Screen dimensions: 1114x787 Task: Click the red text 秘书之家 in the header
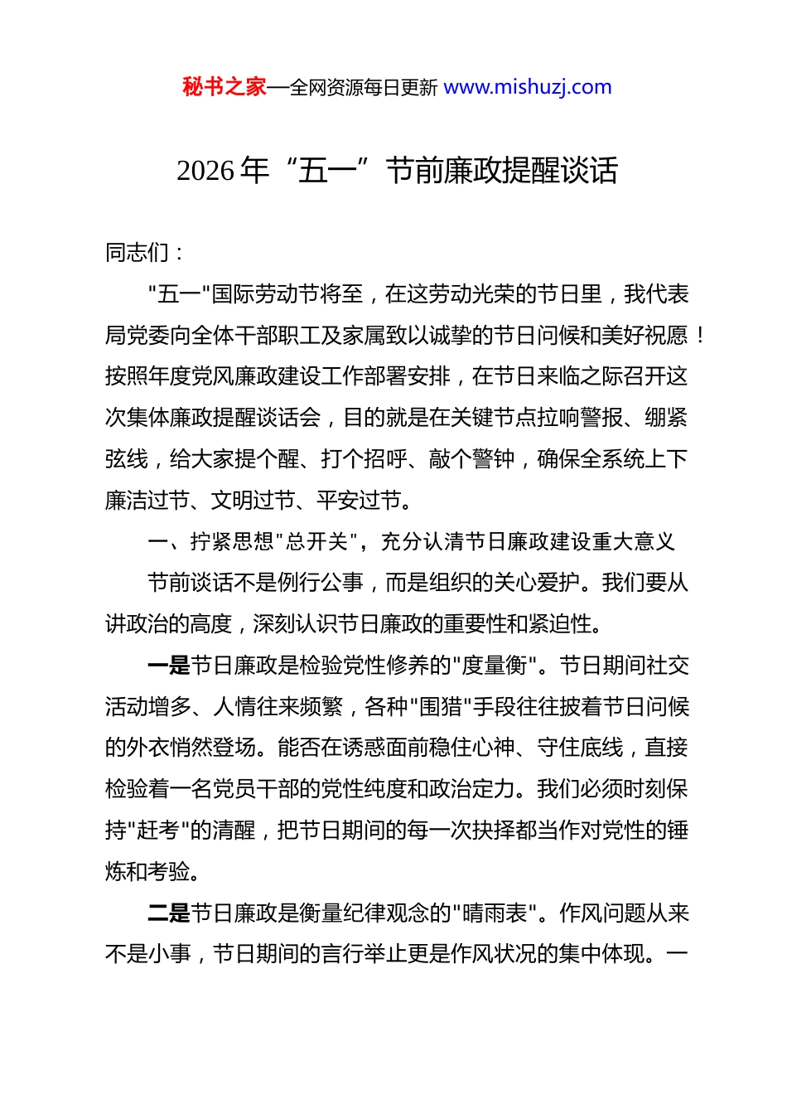point(225,87)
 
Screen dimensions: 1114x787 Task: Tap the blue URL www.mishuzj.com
point(528,87)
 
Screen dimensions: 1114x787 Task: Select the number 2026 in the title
point(205,171)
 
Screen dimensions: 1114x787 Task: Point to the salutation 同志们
point(138,252)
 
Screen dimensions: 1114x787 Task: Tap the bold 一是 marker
point(168,666)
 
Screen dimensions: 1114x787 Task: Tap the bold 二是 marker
point(168,913)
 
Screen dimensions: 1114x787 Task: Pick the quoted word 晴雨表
point(495,913)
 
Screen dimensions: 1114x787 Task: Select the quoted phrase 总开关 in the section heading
point(316,541)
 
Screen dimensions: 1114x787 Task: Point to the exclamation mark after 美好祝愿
point(701,335)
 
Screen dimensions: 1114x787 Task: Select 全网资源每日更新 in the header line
point(363,87)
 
